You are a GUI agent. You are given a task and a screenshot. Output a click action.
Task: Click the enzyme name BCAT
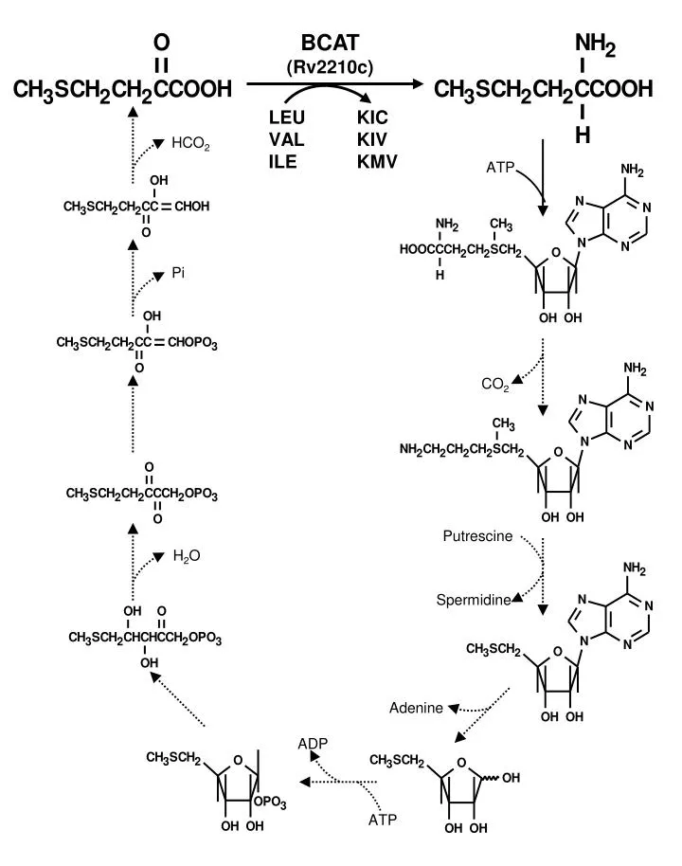tap(330, 43)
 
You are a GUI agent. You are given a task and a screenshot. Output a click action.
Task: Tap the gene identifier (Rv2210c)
tap(330, 67)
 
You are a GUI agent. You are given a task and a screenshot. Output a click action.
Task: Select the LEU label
tap(287, 117)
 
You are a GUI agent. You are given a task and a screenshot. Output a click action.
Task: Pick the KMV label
tap(377, 161)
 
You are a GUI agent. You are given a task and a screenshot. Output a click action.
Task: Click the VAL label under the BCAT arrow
tap(287, 139)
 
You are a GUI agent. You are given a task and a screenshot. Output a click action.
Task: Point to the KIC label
tap(372, 117)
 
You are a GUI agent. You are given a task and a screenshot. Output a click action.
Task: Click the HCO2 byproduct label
tap(190, 144)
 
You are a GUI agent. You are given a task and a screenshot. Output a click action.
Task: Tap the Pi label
tap(178, 273)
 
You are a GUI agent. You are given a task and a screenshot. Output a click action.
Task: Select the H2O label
tap(187, 555)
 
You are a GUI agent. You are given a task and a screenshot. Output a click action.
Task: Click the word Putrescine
tap(477, 535)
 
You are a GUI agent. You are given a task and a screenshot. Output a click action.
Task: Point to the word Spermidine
tap(474, 600)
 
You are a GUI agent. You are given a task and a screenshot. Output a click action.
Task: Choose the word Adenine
tap(416, 708)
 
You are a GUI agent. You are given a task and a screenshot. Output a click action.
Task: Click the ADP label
tap(313, 744)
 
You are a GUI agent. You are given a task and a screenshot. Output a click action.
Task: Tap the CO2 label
tap(495, 384)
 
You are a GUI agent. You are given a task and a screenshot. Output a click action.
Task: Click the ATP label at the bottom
tap(383, 819)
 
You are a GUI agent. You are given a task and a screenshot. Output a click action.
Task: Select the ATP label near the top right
tap(500, 167)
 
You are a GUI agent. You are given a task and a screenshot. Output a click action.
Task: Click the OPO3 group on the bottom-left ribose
tap(270, 802)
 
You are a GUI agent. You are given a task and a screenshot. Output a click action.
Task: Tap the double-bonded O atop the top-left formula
tap(161, 42)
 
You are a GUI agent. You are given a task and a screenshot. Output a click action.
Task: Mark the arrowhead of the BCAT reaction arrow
tap(417, 84)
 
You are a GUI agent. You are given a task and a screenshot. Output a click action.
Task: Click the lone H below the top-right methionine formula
tap(583, 135)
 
